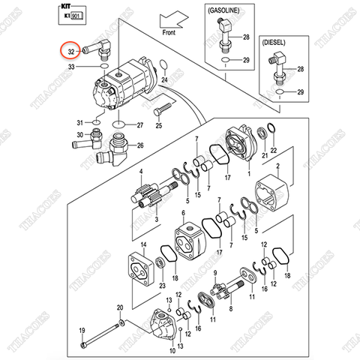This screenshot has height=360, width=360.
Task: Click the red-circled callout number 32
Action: [70, 52]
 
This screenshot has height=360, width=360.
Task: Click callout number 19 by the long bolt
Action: [83, 332]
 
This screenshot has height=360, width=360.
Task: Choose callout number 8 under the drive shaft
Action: [230, 307]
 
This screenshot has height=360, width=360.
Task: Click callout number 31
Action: [79, 123]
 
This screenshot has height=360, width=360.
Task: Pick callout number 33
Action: [72, 67]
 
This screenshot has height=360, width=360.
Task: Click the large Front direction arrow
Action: [174, 17]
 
